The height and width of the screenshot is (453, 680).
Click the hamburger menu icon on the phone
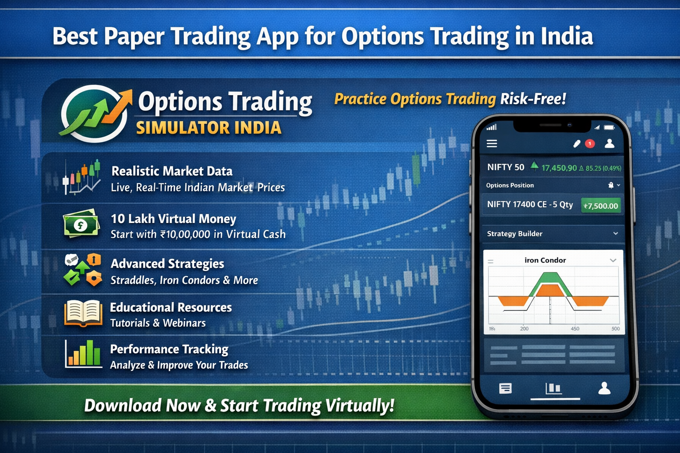click(x=492, y=143)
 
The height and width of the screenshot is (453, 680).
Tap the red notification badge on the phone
click(x=590, y=143)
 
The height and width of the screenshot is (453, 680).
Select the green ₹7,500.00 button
click(x=601, y=206)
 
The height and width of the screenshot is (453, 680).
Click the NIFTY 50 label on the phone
click(x=506, y=167)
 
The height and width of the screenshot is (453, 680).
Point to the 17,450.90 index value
click(x=559, y=168)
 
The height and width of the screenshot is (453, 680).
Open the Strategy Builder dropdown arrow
click(x=615, y=234)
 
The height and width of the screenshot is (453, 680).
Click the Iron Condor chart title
click(x=545, y=260)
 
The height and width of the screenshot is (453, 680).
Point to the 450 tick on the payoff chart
click(x=575, y=329)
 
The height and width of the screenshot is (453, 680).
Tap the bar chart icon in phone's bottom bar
click(x=553, y=388)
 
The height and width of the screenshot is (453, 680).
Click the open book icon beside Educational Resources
click(x=83, y=313)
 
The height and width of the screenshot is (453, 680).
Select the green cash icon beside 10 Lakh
click(x=81, y=224)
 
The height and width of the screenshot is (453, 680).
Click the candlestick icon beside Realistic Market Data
click(x=82, y=177)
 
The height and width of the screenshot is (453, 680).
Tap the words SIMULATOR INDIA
click(x=209, y=128)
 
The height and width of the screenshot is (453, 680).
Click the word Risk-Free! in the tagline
click(x=533, y=99)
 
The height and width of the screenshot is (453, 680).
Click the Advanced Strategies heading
click(x=167, y=264)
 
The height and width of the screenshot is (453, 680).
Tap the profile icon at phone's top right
click(x=610, y=143)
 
